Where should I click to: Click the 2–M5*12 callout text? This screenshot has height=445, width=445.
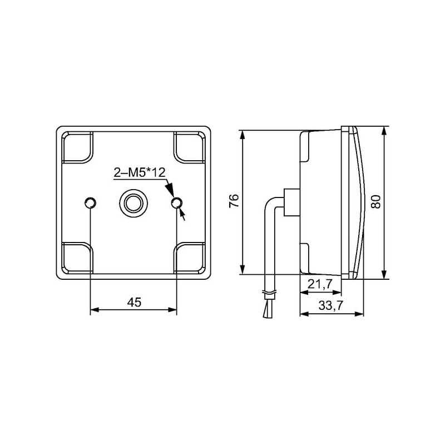[x=140, y=172]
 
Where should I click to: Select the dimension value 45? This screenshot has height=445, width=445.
[x=134, y=303]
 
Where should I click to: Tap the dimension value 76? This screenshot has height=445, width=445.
[x=234, y=201]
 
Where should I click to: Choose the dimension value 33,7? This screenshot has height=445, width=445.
[x=331, y=305]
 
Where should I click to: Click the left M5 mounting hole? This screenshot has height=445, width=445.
[x=90, y=202]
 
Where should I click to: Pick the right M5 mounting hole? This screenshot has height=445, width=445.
[x=177, y=202]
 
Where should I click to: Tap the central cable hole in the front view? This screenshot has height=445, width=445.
[x=133, y=202]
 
